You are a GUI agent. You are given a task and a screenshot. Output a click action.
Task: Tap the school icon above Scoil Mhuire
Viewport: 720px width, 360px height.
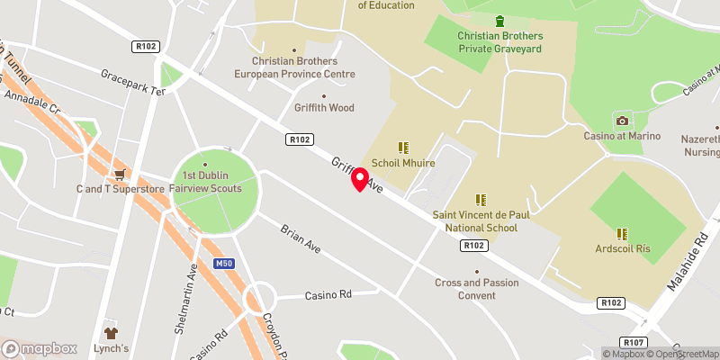[x=403, y=148]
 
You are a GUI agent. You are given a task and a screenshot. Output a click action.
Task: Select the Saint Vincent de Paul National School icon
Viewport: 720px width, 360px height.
[x=481, y=199]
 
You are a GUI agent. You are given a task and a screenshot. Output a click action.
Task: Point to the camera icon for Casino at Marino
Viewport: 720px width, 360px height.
[x=621, y=121]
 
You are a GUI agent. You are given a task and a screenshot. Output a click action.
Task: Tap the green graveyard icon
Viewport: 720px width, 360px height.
[x=500, y=21]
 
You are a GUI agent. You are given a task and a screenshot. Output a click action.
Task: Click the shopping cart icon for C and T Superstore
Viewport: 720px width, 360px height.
[x=119, y=174]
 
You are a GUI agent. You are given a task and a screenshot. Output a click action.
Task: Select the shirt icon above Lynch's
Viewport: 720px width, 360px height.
[x=112, y=332]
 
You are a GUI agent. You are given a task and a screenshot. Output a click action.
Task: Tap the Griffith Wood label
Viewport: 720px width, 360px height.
[x=324, y=108]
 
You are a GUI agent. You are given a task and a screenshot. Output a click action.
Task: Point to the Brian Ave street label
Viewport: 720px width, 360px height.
[x=301, y=238]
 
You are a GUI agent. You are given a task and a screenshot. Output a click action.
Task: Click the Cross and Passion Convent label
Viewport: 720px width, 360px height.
[x=477, y=289]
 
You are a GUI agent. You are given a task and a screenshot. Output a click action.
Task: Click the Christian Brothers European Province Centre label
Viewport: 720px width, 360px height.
[x=295, y=67]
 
